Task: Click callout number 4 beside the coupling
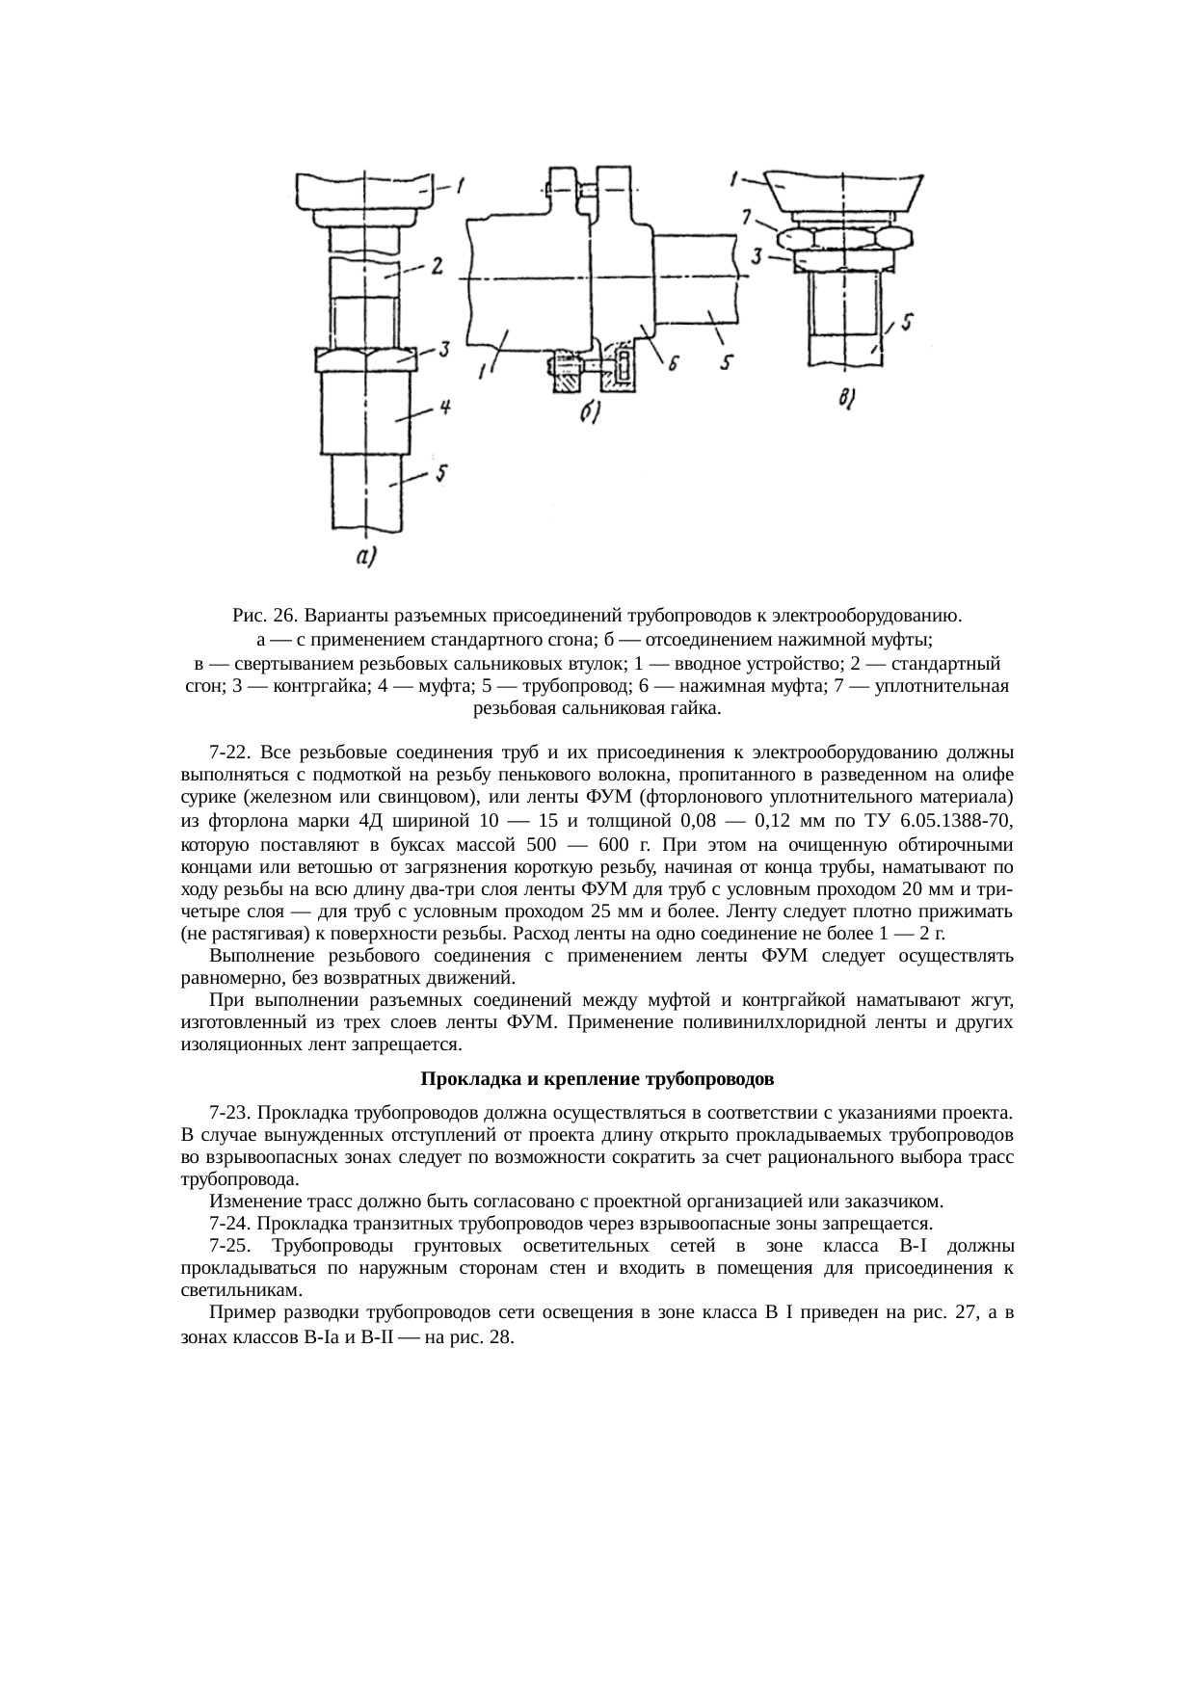pos(444,409)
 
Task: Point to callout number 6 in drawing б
pos(674,363)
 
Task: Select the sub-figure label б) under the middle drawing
pos(591,413)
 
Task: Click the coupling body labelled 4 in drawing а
pos(365,414)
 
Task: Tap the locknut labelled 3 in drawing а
pos(365,359)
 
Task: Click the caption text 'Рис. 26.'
pos(263,616)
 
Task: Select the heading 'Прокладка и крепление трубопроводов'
pos(597,1076)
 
